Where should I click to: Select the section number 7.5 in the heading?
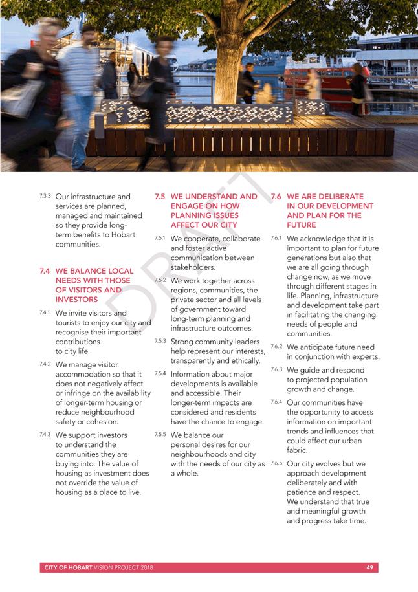tap(160, 197)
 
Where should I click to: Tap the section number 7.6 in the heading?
tap(275, 197)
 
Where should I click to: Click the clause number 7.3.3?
tap(45, 195)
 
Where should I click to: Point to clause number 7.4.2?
tap(45, 364)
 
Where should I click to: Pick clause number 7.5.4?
tap(160, 373)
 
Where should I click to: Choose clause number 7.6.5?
tap(276, 463)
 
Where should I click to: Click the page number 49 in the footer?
tap(369, 567)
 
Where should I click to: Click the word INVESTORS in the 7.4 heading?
tap(77, 300)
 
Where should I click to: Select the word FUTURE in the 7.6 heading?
tap(302, 225)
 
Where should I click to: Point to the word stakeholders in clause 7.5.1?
tap(192, 267)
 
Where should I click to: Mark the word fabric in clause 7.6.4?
tap(297, 450)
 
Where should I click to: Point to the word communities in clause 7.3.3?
tap(78, 245)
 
